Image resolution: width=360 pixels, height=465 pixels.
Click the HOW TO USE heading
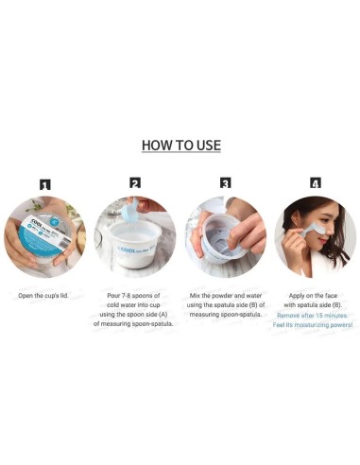(180, 146)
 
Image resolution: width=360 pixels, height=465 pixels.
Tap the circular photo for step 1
(44, 236)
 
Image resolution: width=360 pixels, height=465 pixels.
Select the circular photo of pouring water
(135, 236)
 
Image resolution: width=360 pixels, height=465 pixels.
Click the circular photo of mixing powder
(225, 236)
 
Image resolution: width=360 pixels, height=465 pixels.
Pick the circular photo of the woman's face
(315, 236)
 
